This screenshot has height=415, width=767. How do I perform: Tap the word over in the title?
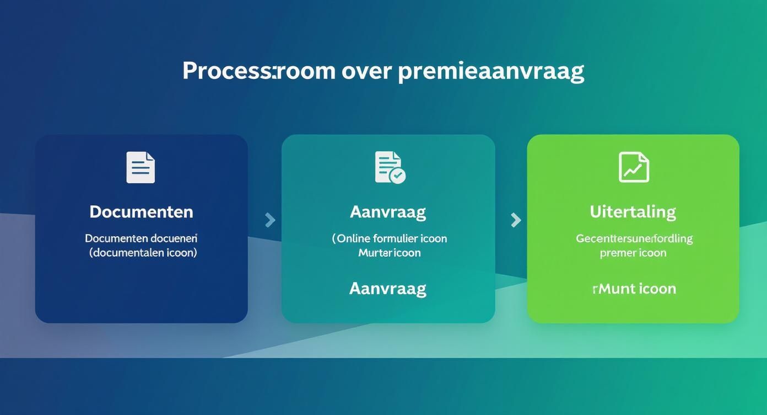pyautogui.click(x=366, y=71)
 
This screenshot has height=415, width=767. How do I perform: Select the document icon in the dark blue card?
pyautogui.click(x=141, y=167)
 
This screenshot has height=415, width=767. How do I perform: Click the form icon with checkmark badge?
pyautogui.click(x=390, y=167)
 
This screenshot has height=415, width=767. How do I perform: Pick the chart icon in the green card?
pyautogui.click(x=634, y=167)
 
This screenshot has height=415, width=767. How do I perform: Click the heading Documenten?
pyautogui.click(x=141, y=212)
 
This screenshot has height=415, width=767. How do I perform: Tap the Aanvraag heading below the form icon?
pyautogui.click(x=388, y=212)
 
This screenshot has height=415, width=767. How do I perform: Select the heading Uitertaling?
pyautogui.click(x=633, y=212)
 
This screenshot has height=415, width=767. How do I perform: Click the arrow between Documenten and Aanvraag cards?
pyautogui.click(x=270, y=220)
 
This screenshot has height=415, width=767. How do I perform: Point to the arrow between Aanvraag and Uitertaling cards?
pyautogui.click(x=516, y=220)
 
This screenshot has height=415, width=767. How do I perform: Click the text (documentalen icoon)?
pyautogui.click(x=143, y=253)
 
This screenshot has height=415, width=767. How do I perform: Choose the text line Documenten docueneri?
pyautogui.click(x=141, y=238)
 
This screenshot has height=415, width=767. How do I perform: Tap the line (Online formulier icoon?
pyautogui.click(x=389, y=238)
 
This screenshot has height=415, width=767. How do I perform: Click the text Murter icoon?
pyautogui.click(x=389, y=253)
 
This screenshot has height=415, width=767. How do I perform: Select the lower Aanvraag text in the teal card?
pyautogui.click(x=388, y=288)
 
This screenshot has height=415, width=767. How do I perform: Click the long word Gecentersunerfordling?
pyautogui.click(x=634, y=238)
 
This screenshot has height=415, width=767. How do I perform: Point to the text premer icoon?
pyautogui.click(x=633, y=253)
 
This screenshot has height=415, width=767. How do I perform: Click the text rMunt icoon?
pyautogui.click(x=634, y=289)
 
